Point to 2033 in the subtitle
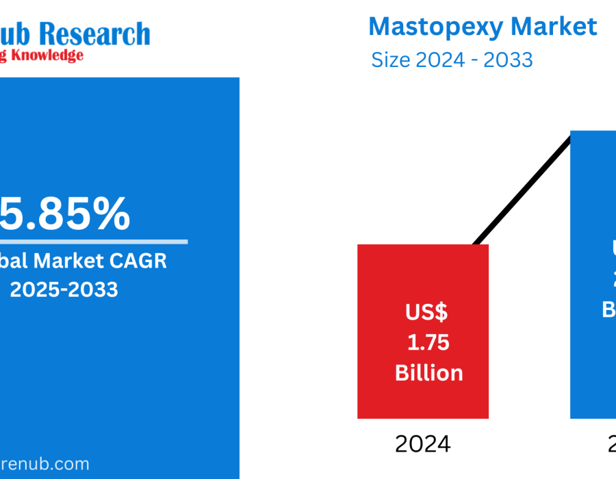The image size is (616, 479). tap(508, 60)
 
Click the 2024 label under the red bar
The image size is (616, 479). tap(423, 445)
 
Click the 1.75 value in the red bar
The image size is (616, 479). tap(428, 342)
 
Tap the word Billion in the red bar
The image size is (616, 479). tap(428, 373)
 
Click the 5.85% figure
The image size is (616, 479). tap(65, 213)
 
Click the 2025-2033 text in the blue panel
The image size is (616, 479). tap(64, 289)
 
